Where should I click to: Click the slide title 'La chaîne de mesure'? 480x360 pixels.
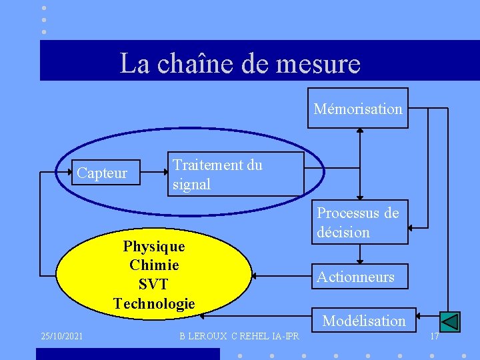click(240, 63)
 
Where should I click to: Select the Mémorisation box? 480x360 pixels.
click(358, 108)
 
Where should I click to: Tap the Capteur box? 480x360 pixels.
click(103, 173)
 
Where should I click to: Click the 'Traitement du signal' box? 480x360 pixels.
click(236, 174)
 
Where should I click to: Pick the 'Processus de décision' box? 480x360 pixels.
click(359, 223)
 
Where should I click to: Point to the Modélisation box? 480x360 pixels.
click(364, 321)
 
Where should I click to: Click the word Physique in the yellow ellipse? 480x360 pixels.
click(154, 246)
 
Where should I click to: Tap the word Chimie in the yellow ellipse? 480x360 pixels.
click(154, 265)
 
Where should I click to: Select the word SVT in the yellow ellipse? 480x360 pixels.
click(153, 284)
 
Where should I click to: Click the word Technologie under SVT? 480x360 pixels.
click(154, 303)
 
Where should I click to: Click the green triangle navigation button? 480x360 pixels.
click(450, 322)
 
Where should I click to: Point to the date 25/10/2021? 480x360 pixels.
click(61, 336)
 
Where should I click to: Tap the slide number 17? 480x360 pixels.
click(434, 336)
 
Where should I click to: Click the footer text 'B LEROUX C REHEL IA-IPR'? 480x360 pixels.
click(239, 336)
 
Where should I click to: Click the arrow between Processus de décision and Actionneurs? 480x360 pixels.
click(360, 254)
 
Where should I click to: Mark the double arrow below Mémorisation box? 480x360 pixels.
click(360, 163)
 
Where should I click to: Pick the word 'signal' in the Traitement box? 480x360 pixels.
click(191, 185)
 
